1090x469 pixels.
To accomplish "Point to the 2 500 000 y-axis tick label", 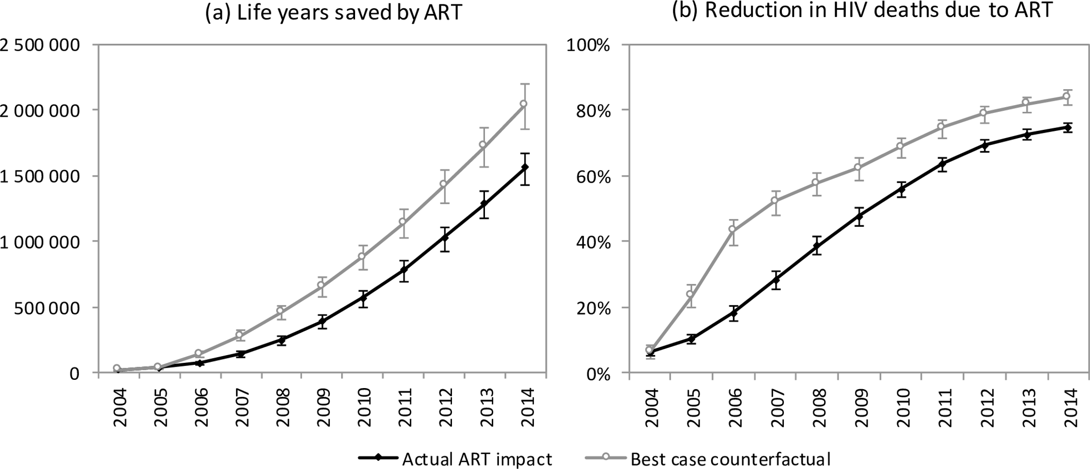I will (47, 45).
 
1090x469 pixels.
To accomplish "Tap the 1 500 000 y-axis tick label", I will (47, 176).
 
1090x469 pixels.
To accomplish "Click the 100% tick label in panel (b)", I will (589, 45).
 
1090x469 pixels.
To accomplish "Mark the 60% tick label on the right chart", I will (593, 176).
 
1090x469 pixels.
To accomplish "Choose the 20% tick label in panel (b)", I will (593, 308).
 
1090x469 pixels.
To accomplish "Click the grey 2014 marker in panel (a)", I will (524, 104).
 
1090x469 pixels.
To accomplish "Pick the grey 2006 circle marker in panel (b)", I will (732, 229).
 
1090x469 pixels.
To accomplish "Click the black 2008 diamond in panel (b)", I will (817, 246).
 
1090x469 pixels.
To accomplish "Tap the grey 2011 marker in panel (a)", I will (402, 222).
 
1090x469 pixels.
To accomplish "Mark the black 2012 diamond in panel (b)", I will (983, 145).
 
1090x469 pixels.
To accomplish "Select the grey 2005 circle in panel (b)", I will (691, 294).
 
